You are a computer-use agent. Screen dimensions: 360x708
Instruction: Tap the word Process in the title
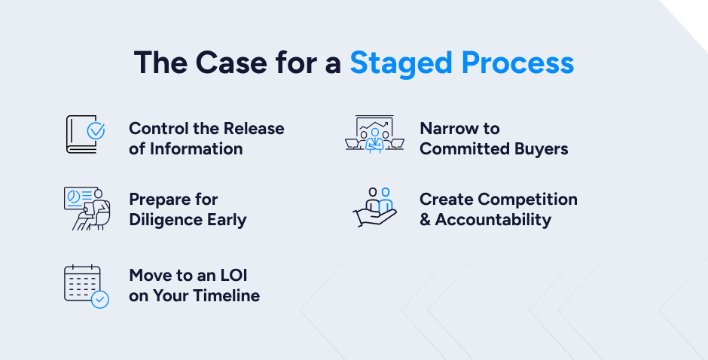pyautogui.click(x=518, y=63)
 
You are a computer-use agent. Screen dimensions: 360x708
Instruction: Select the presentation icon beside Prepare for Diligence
pyautogui.click(x=84, y=207)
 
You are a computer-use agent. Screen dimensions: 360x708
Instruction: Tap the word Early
pyautogui.click(x=227, y=220)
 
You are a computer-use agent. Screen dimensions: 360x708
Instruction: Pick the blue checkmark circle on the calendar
pyautogui.click(x=99, y=299)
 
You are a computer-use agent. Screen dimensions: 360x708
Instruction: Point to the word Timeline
pyautogui.click(x=226, y=296)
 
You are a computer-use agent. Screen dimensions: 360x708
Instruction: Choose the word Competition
pyautogui.click(x=528, y=200)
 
